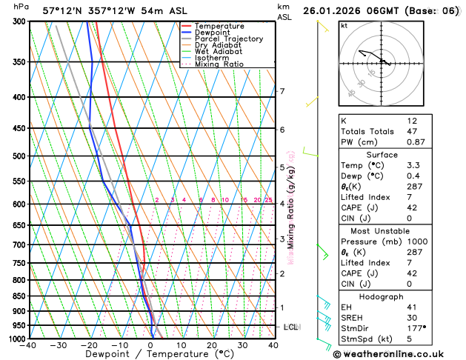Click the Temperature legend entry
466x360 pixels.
[219, 26]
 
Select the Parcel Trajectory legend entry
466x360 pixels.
[228, 39]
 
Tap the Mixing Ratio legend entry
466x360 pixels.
[219, 64]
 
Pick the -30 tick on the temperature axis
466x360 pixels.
[59, 345]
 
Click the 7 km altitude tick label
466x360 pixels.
[282, 92]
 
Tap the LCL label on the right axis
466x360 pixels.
[291, 327]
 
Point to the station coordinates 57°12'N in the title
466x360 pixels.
[63, 11]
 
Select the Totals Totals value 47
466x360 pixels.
[412, 130]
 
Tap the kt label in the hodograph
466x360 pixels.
[344, 25]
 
